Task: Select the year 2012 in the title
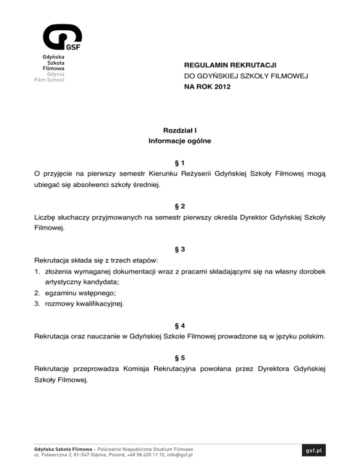221,87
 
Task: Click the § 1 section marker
180,163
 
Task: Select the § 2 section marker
180,206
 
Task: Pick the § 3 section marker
180,249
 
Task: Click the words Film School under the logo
49,79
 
